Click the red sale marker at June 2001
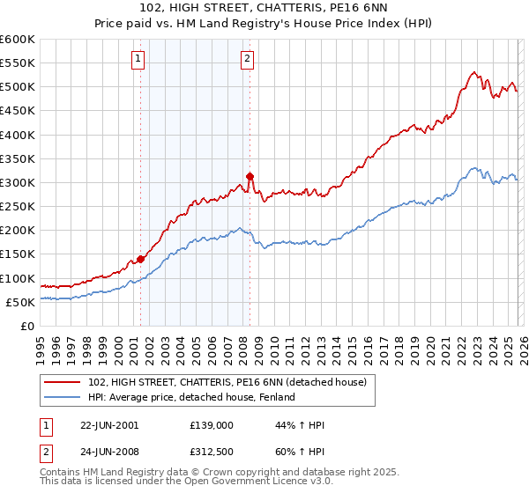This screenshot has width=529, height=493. tap(141, 260)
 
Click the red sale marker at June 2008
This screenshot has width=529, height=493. tap(250, 176)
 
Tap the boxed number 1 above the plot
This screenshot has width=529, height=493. tap(138, 60)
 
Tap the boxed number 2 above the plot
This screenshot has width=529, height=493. tap(247, 60)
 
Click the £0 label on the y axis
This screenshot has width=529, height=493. tap(29, 326)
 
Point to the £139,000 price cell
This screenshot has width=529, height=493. tap(211, 425)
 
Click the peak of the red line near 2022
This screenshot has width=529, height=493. tap(473, 72)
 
